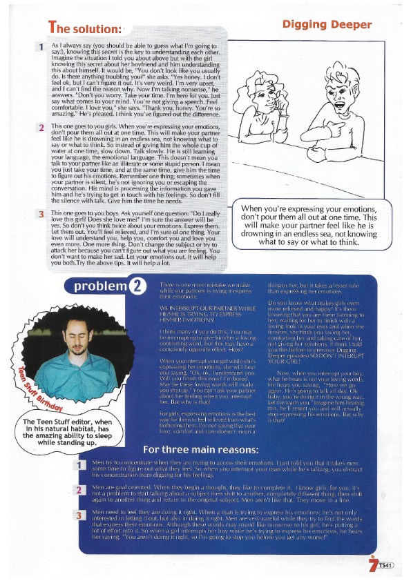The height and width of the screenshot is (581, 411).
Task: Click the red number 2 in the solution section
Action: coord(41,128)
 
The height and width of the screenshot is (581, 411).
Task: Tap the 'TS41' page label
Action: coord(385,566)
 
